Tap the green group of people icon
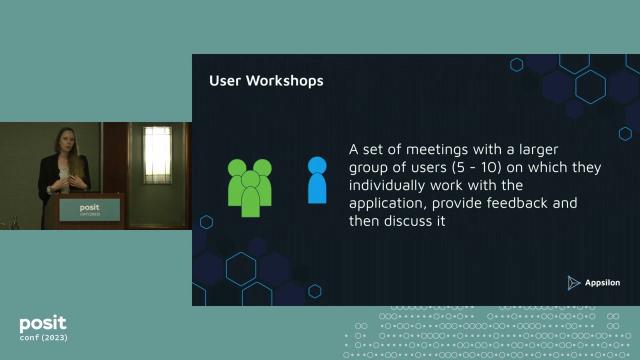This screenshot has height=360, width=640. click(x=251, y=186)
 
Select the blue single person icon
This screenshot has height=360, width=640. click(x=317, y=180)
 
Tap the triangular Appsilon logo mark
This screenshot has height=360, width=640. click(x=573, y=283)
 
